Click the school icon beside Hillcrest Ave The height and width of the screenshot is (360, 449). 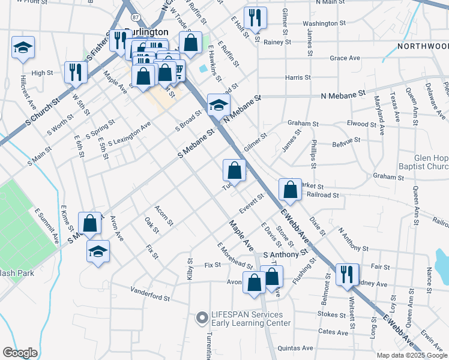[x=23, y=48]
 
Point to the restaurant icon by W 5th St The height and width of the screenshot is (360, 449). [x=76, y=72]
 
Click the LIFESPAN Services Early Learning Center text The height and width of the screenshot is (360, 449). [x=246, y=319]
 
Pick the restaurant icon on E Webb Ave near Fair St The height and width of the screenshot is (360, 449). [x=346, y=274]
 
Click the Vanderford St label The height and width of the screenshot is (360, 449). [x=151, y=293]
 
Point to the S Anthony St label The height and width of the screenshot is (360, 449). [x=289, y=255]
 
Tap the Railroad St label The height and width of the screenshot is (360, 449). [x=322, y=195]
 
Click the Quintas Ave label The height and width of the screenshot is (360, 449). [x=293, y=347]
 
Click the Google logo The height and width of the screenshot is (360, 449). [x=20, y=353]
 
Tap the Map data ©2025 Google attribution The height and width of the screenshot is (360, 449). [x=410, y=355]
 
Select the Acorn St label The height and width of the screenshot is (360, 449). [x=164, y=215]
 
